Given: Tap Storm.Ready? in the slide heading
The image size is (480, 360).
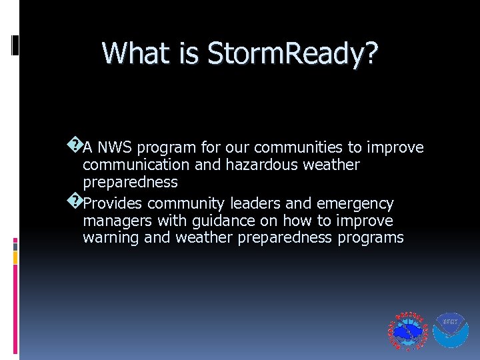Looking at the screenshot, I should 293,53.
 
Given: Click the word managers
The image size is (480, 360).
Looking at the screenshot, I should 115,221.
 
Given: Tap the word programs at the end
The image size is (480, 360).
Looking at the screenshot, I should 370,238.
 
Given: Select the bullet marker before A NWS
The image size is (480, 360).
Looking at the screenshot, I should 75,143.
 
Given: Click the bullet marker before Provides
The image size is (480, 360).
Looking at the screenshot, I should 75,199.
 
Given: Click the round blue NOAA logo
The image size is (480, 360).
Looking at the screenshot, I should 451,330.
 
